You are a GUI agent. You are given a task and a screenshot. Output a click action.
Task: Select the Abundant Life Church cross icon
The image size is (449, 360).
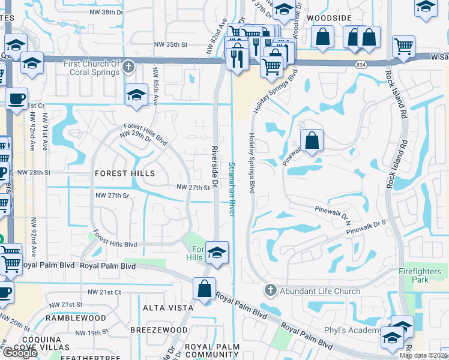[x=270, y=291]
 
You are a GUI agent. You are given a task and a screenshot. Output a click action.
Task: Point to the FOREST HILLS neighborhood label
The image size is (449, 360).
[x=125, y=173]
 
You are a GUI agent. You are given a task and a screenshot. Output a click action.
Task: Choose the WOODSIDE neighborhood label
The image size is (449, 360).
[x=329, y=18]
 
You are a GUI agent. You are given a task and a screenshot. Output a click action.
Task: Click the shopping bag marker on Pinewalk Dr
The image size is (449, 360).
[x=312, y=142]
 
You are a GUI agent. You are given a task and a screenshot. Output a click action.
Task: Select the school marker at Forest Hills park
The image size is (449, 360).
[x=217, y=253]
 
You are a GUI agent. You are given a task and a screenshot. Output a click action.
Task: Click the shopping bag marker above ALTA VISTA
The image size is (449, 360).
[x=205, y=288]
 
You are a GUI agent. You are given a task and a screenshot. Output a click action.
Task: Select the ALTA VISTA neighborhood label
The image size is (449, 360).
[x=158, y=308]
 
